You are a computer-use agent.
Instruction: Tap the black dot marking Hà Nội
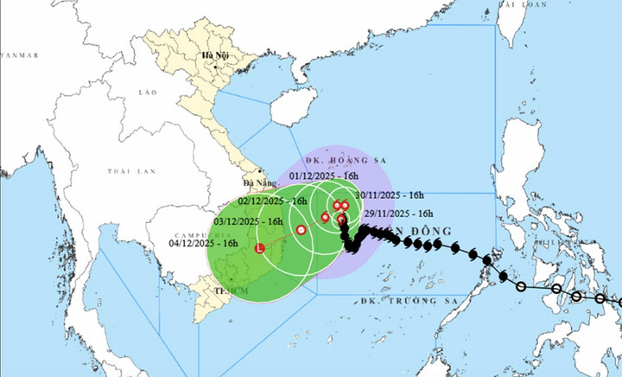point(206,65)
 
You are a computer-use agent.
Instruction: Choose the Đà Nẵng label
point(257,183)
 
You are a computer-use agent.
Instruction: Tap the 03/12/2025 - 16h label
point(243,221)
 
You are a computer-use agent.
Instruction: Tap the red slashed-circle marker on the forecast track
point(301,230)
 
